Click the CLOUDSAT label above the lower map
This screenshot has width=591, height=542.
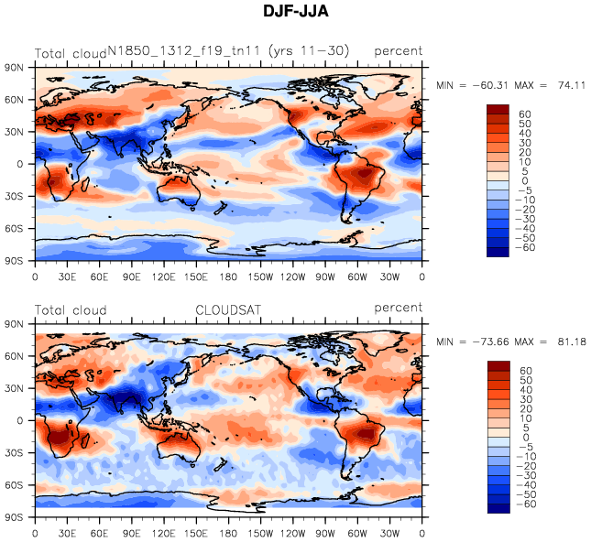(229, 310)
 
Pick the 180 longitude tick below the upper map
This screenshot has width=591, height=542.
(228, 276)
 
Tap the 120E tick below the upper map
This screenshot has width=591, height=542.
(164, 276)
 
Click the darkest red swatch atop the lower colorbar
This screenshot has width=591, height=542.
(498, 367)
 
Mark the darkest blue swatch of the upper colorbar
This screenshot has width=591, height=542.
(498, 253)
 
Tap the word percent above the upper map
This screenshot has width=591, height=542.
(398, 51)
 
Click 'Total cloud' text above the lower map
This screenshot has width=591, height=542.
(71, 310)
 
